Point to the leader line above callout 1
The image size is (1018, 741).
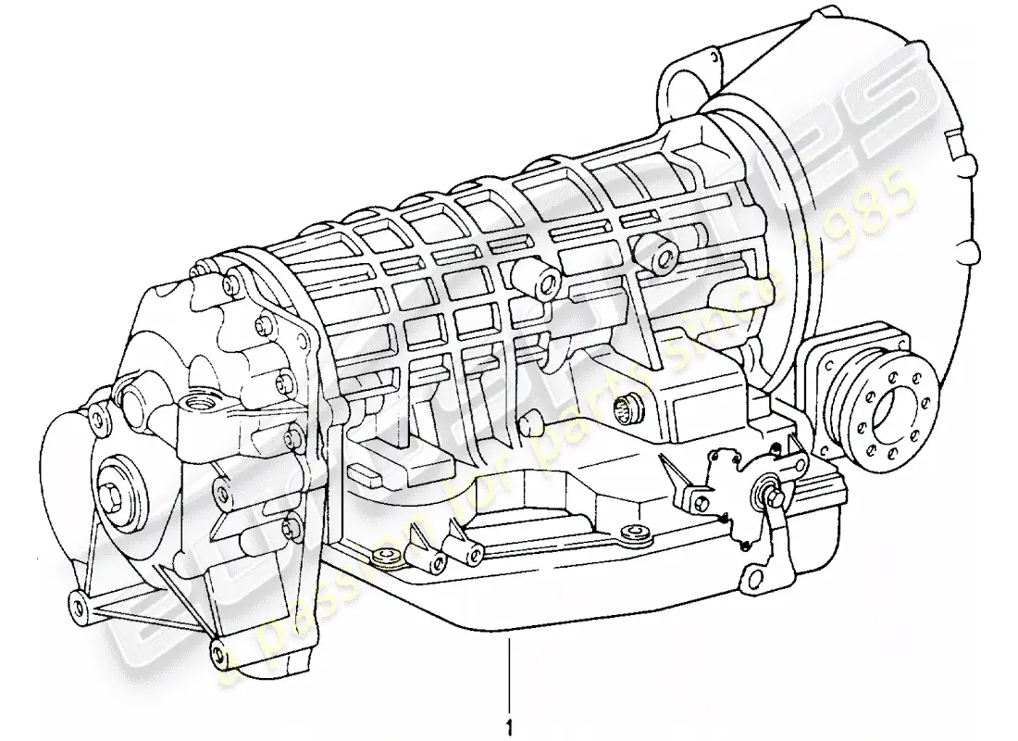(508, 672)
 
